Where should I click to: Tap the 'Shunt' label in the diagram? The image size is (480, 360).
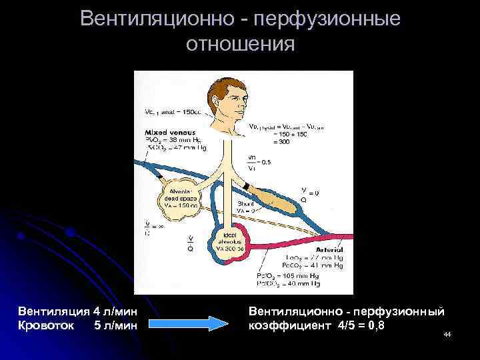click(x=245, y=204)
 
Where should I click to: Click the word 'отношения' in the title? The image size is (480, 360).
click(x=240, y=45)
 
